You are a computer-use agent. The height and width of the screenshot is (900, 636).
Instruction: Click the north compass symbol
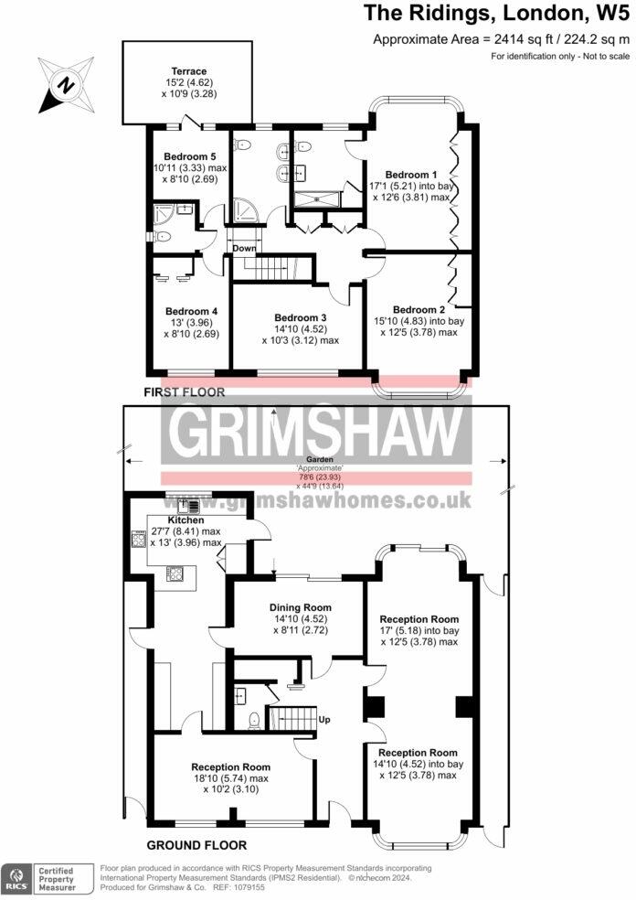coord(66,85)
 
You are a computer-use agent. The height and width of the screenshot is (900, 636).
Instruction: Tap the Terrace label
coord(189,71)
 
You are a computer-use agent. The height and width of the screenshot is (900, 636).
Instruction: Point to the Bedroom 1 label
coord(407,175)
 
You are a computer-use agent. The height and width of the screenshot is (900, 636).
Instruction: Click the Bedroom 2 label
coord(419,309)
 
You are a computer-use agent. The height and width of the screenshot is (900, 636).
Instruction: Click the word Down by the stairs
coord(244,248)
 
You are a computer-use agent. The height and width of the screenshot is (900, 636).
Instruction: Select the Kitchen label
coord(185,520)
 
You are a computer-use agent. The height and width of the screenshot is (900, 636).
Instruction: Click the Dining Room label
coord(300,607)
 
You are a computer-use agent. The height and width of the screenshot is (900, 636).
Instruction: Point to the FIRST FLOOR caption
coord(184,391)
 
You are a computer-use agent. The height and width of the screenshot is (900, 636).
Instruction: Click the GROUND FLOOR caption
coord(196,845)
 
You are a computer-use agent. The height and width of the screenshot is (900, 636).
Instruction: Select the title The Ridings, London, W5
coord(496,13)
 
